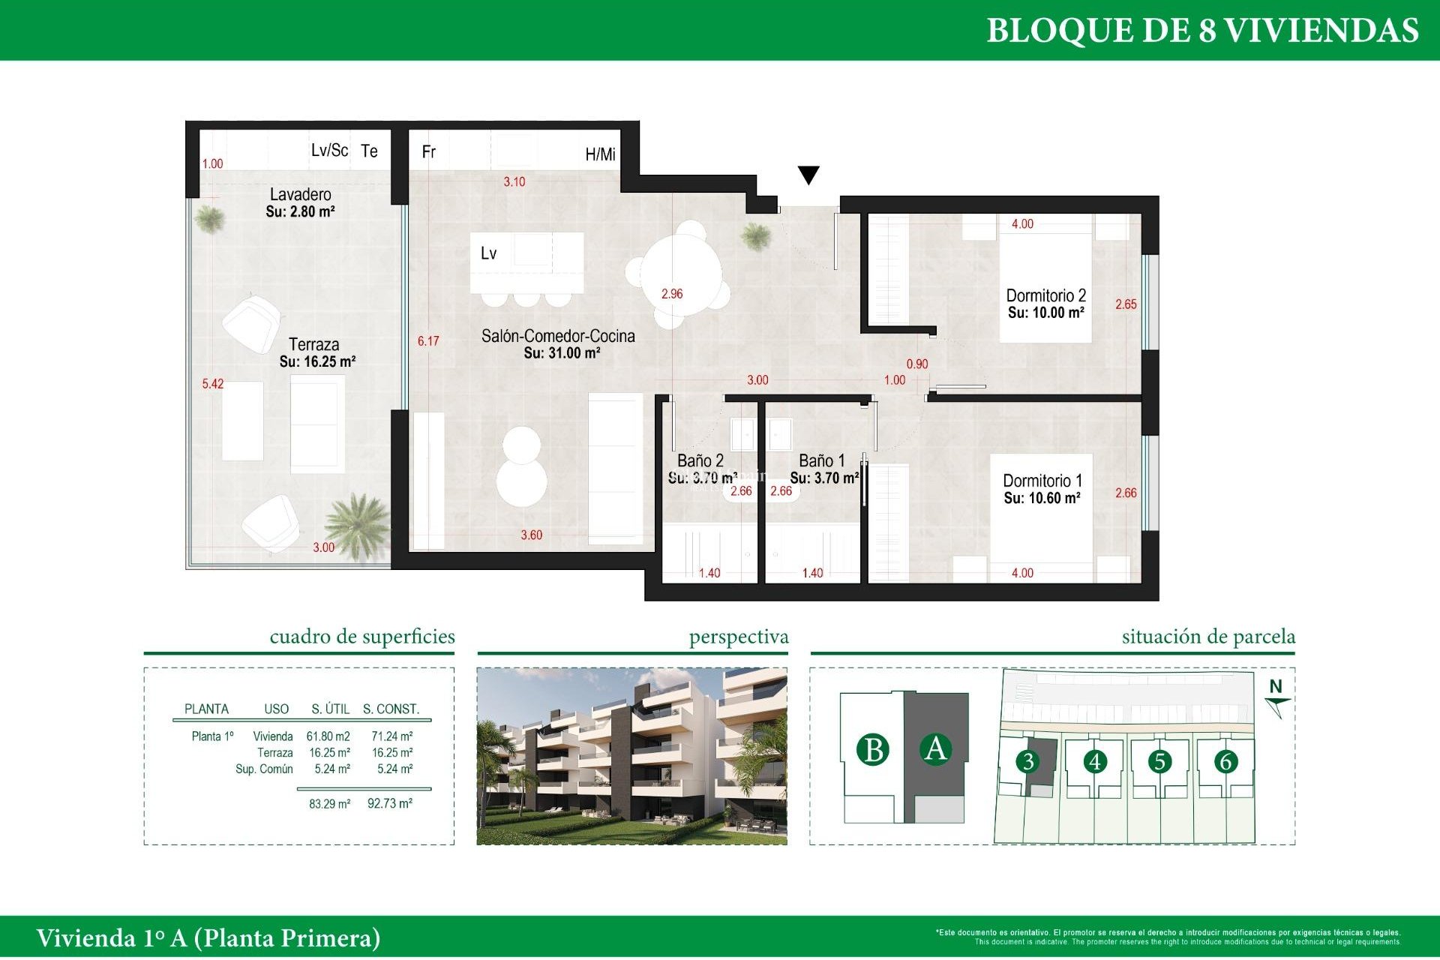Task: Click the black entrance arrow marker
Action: click(x=808, y=175)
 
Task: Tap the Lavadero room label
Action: click(x=300, y=194)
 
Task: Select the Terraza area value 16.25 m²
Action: click(x=317, y=361)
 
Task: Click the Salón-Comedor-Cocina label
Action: click(x=558, y=336)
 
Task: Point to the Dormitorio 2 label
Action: click(x=1045, y=295)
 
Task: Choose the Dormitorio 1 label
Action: click(x=1042, y=481)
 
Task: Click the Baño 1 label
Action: click(x=821, y=460)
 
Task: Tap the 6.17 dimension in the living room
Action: click(x=428, y=341)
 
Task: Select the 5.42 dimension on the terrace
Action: click(x=212, y=384)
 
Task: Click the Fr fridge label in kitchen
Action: click(x=428, y=152)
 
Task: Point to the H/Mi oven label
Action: click(x=600, y=154)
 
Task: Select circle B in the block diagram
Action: click(x=873, y=750)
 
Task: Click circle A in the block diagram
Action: click(x=935, y=748)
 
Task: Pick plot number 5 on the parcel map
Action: click(x=1159, y=762)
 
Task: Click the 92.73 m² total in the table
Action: click(x=389, y=804)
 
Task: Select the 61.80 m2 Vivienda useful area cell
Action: click(x=328, y=736)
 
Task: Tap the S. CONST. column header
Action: click(x=391, y=709)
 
